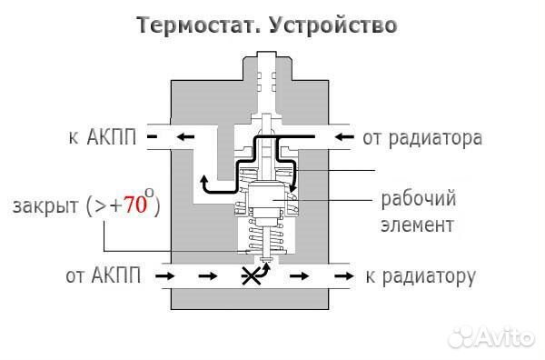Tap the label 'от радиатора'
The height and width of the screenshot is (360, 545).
click(421, 138)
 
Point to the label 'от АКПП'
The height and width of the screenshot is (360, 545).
click(103, 275)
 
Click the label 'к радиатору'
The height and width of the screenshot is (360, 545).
click(421, 275)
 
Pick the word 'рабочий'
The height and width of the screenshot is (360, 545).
click(419, 198)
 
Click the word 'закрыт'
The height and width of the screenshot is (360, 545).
click(45, 206)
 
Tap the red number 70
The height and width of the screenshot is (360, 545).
click(134, 205)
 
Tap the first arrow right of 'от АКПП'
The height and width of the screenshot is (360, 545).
click(165, 275)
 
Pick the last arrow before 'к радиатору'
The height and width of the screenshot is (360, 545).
click(342, 275)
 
